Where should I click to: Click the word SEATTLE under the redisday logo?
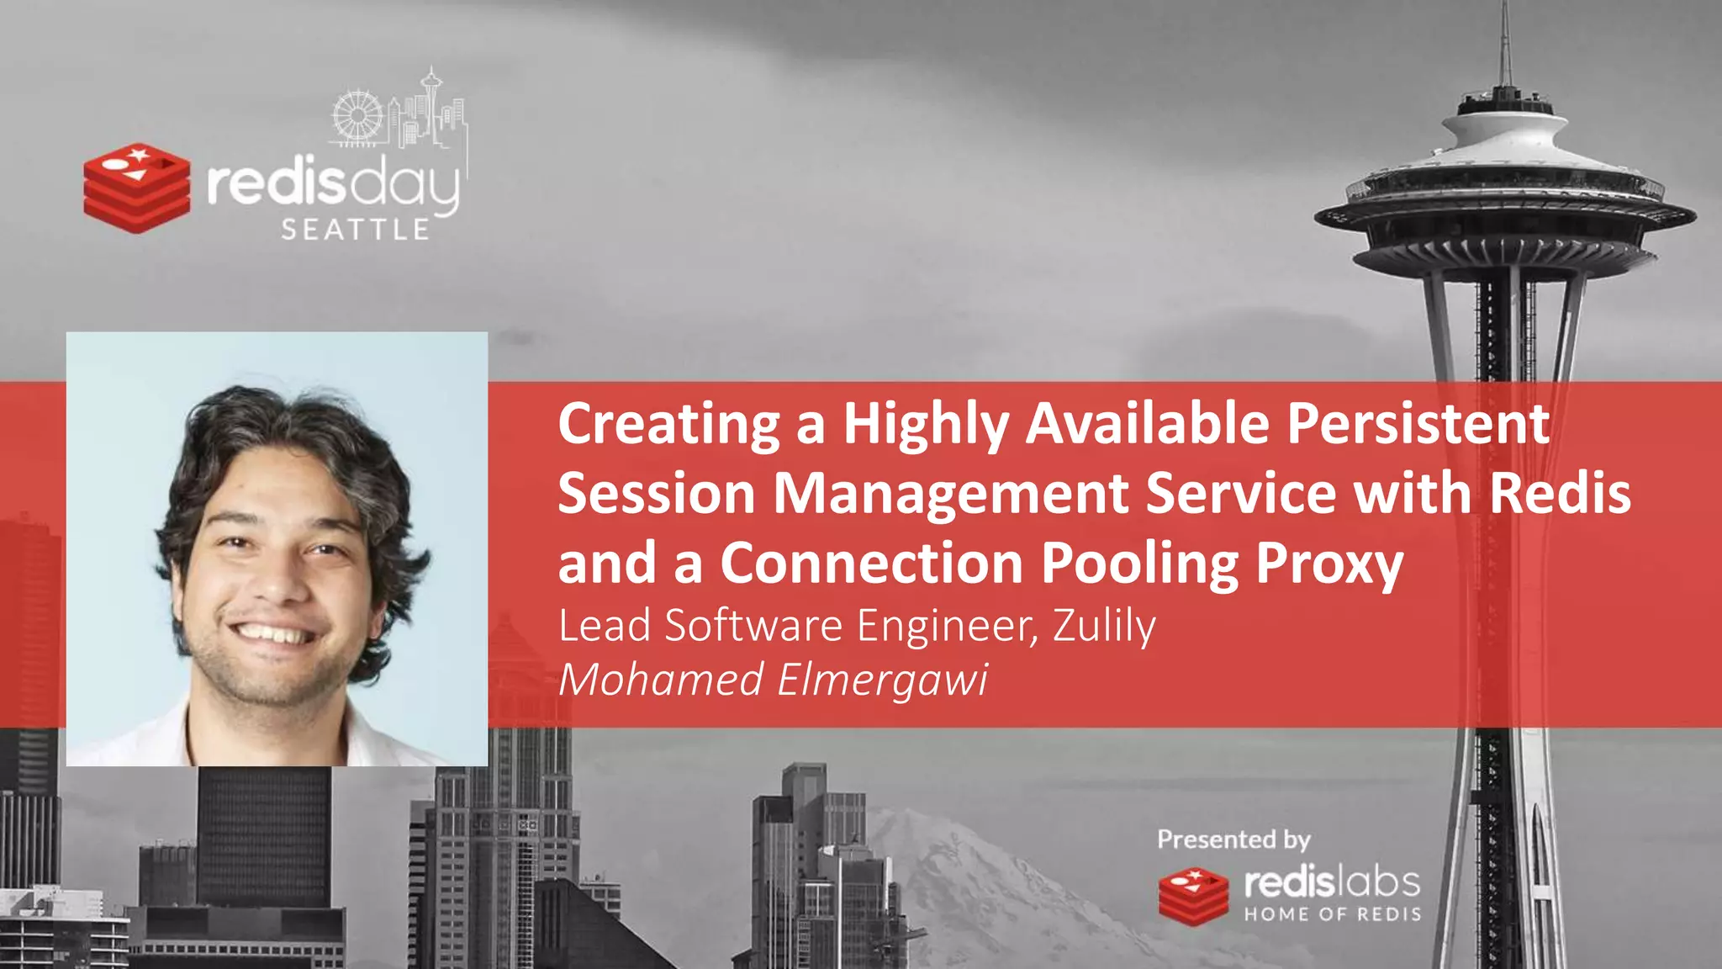pyautogui.click(x=356, y=230)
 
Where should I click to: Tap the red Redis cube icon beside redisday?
pyautogui.click(x=137, y=188)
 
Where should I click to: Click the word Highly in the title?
pyautogui.click(x=926, y=424)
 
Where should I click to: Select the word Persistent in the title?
pyautogui.click(x=1418, y=422)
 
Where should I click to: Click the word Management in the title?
pyautogui.click(x=950, y=493)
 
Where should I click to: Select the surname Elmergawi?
pyautogui.click(x=883, y=680)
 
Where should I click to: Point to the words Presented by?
pyautogui.click(x=1233, y=839)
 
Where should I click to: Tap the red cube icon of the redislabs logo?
pyautogui.click(x=1193, y=897)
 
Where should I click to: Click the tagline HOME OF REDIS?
pyautogui.click(x=1333, y=914)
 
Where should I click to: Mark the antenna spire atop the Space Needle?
pyautogui.click(x=1506, y=42)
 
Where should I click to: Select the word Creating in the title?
pyautogui.click(x=669, y=424)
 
